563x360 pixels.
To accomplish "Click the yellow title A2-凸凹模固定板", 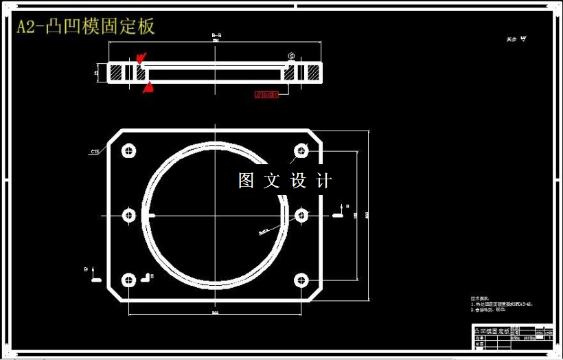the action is coord(87,27).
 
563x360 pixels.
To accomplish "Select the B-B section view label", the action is coord(216,34).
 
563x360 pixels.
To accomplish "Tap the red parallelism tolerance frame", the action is coord(266,94).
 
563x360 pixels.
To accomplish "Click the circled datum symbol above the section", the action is coord(291,56).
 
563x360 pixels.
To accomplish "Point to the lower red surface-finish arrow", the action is coord(148,87).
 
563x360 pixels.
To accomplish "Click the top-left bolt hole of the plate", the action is coord(129,151).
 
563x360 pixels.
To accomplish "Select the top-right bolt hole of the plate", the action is coord(301,151).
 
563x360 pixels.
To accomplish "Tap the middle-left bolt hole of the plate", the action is coord(129,216).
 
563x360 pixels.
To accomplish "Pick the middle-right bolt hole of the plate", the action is coord(301,216).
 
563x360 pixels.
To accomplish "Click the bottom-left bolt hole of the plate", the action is coord(129,280).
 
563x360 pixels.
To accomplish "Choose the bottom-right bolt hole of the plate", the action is coord(301,280).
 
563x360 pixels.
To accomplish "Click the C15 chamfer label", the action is coord(95,151).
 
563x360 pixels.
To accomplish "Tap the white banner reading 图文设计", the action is coord(285,181).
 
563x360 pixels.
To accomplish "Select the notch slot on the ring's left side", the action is coord(151,216).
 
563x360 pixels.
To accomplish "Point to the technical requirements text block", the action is coord(501,304).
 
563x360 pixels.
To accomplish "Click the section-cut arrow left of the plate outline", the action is coord(95,277).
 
